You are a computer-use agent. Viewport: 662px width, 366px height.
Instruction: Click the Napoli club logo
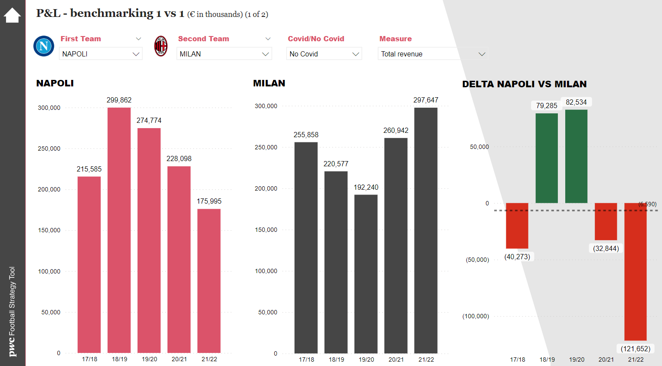(44, 46)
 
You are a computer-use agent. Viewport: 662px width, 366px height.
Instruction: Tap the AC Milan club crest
(161, 46)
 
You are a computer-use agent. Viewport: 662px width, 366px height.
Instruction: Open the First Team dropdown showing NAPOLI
(101, 54)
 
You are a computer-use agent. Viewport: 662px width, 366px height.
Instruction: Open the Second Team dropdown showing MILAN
(224, 54)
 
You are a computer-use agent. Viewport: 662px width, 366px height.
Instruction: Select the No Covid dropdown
(324, 54)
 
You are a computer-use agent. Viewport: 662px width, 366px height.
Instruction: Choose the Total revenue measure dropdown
(433, 54)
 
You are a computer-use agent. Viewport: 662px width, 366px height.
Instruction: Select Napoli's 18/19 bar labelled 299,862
(119, 230)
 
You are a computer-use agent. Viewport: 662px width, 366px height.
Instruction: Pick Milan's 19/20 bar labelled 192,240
(366, 274)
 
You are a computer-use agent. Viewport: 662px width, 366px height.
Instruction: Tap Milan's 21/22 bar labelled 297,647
(426, 230)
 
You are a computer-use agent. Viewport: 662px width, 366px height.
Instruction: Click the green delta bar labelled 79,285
(547, 158)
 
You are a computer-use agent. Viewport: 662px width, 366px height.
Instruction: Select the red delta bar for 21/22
(635, 271)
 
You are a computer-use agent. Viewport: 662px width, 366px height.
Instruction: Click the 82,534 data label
(576, 102)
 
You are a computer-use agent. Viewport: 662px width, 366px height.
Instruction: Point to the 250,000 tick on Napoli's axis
(49, 148)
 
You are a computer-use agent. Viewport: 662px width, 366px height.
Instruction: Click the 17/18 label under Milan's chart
(306, 359)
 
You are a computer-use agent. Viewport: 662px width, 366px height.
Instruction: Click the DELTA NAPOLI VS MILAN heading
(524, 84)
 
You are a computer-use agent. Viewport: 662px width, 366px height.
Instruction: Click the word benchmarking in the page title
(112, 13)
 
